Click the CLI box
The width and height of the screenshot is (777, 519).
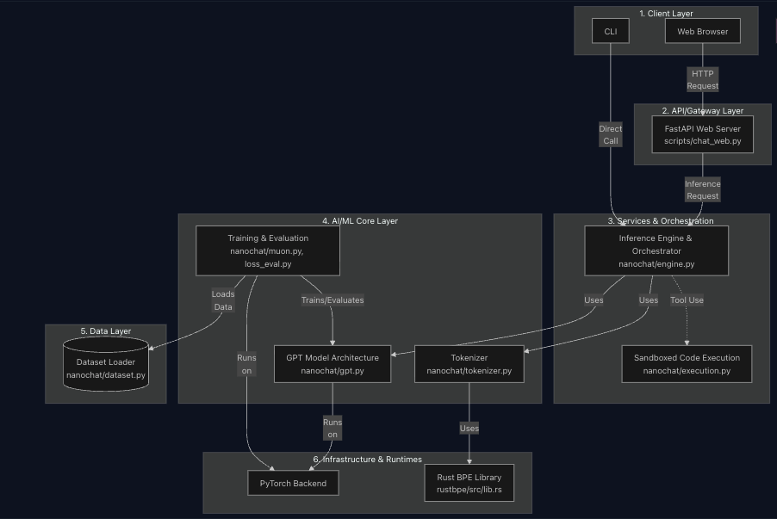tap(611, 32)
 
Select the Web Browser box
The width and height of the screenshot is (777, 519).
tap(702, 32)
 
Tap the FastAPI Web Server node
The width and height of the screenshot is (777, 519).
tap(702, 134)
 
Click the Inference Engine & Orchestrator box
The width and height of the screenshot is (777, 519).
tap(656, 250)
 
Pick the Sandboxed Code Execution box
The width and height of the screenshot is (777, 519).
tap(687, 364)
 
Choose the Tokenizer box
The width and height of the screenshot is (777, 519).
tap(469, 364)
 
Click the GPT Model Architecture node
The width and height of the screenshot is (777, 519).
tap(332, 364)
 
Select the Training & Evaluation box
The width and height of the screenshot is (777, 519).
tap(267, 250)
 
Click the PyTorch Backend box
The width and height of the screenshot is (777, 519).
tap(293, 483)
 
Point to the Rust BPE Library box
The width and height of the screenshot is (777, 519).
tap(469, 483)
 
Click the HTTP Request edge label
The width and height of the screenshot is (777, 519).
tap(702, 80)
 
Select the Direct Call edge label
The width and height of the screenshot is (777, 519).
tap(610, 134)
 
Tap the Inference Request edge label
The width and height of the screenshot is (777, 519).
tap(702, 189)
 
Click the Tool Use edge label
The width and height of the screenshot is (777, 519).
tap(687, 300)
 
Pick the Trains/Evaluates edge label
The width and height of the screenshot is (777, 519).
tap(332, 300)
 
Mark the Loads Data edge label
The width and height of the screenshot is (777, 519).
tap(223, 300)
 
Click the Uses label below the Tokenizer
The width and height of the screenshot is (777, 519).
tap(469, 428)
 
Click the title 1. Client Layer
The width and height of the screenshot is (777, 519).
tap(666, 14)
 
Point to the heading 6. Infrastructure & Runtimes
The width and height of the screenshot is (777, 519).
tap(367, 460)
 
